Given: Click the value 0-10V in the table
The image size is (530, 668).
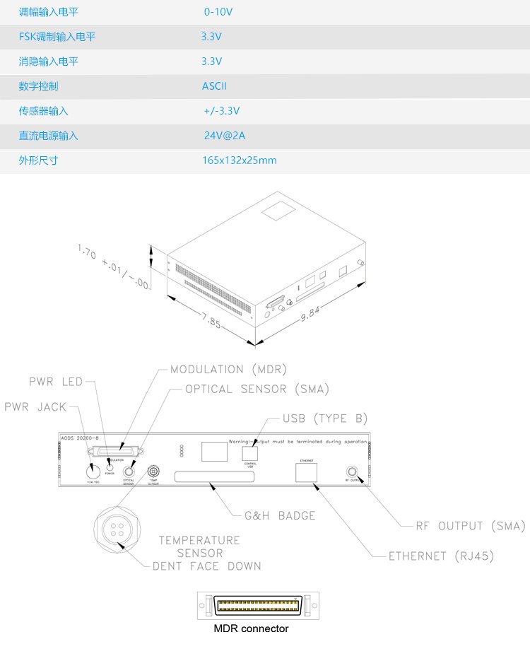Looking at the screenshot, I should [x=218, y=12].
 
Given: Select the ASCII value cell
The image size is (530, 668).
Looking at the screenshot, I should [x=214, y=86].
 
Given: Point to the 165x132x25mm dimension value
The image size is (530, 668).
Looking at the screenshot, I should [x=239, y=160].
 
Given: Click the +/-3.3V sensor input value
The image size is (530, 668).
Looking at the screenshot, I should [x=222, y=111].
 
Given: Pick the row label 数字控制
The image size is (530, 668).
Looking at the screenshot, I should [x=39, y=86].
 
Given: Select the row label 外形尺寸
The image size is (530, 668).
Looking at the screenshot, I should [x=39, y=160].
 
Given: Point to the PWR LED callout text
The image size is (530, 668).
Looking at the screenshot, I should [x=56, y=382].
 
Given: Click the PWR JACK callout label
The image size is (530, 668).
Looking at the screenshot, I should [x=36, y=408].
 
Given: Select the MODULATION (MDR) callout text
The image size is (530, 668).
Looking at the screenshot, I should [x=228, y=370].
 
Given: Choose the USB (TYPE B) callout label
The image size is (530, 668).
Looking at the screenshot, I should [x=325, y=418].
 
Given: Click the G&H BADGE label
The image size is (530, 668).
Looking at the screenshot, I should [x=279, y=515].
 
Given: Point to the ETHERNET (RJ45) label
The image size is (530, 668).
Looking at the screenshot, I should [x=441, y=556].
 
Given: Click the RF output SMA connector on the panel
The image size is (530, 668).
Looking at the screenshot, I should [x=351, y=471].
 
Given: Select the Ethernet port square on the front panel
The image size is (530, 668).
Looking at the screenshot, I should [x=307, y=472].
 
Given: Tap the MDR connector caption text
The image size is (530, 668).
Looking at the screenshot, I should [x=251, y=628].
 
